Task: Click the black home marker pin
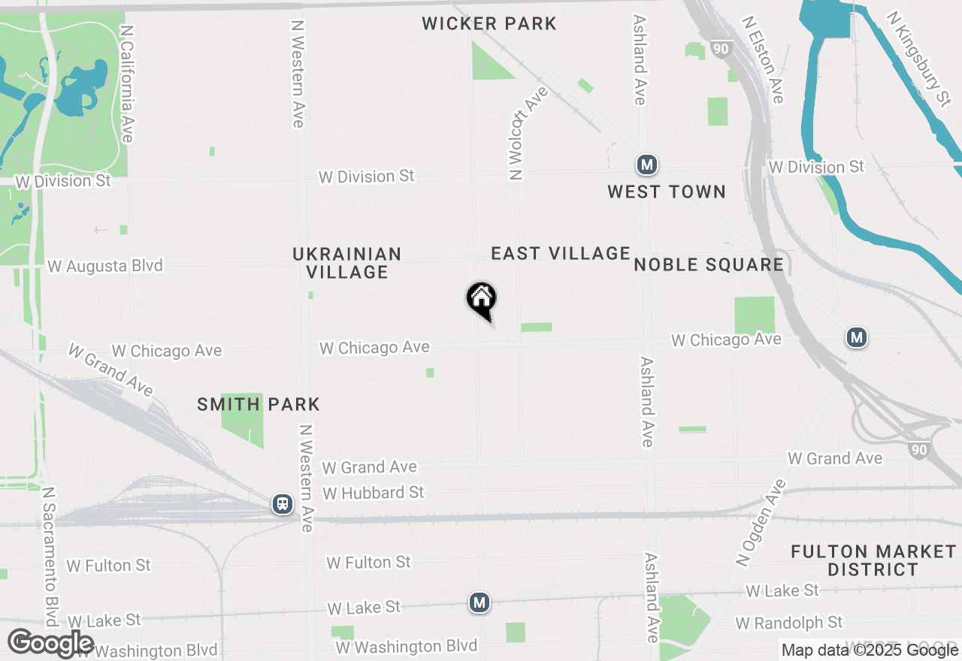481,300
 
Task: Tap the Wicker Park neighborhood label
489,23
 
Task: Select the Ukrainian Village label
347,263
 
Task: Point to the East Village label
560,254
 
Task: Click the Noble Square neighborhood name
709,264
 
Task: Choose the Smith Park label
259,405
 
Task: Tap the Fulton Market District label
873,560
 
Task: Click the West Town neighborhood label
667,192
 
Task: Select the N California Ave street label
126,84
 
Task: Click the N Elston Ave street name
763,59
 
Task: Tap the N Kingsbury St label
918,58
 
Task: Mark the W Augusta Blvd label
104,266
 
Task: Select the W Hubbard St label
374,493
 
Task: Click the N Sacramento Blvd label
50,556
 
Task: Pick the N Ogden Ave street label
760,523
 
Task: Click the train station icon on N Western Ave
283,503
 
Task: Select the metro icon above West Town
646,164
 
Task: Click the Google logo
51,644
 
